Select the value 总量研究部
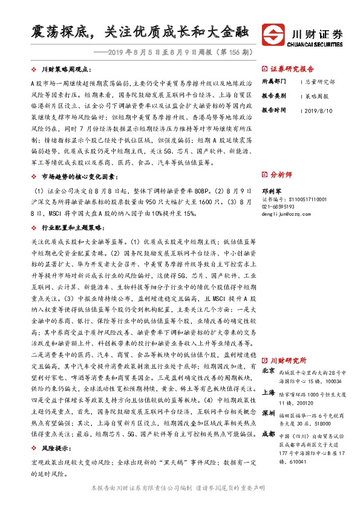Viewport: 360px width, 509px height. (x=319, y=82)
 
